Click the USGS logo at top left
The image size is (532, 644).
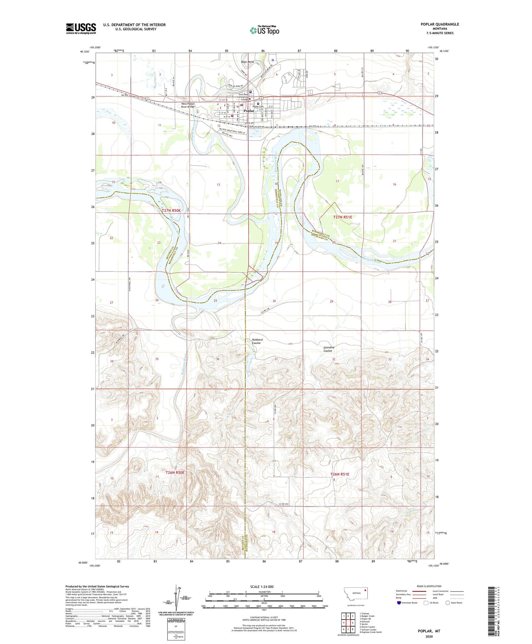[x=81, y=28]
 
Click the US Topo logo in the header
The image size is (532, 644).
[x=264, y=30]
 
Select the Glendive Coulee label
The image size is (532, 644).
[x=328, y=349]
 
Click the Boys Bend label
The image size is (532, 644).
[x=247, y=62]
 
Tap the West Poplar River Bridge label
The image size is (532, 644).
[x=188, y=105]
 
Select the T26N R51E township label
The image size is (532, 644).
[x=340, y=474]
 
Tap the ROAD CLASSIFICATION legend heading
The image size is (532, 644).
[x=429, y=586]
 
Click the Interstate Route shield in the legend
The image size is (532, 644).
[x=399, y=602]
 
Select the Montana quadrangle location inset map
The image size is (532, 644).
[x=354, y=594]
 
